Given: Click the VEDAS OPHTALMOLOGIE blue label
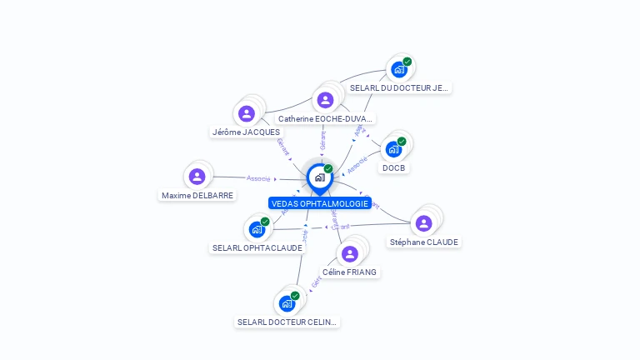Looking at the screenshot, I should (319, 203).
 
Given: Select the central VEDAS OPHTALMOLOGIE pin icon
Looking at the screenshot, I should (319, 177).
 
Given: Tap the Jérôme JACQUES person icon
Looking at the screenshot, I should (246, 113).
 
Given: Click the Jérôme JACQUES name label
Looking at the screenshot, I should (246, 132).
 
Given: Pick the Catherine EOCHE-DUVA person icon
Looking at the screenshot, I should (325, 100).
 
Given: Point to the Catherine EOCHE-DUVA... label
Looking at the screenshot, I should (326, 118).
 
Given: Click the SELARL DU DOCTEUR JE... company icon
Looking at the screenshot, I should (399, 69).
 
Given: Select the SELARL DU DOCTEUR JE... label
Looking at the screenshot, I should (399, 87).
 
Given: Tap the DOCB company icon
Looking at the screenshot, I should (393, 149).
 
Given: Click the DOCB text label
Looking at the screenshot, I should (394, 167).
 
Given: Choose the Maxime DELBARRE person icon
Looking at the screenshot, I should (197, 177).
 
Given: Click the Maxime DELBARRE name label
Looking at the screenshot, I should (197, 195).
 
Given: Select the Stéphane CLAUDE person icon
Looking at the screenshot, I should (423, 223).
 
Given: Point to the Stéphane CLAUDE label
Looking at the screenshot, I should (424, 242).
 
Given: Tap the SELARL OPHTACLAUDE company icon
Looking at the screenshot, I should (257, 228).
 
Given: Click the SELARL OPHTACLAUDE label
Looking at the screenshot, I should (257, 247).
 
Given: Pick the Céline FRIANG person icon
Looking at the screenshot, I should (349, 253).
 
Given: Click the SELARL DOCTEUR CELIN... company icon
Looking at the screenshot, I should (287, 303).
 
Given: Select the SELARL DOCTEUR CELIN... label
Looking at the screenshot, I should (288, 322).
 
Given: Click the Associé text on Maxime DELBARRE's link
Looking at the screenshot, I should (258, 177).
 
